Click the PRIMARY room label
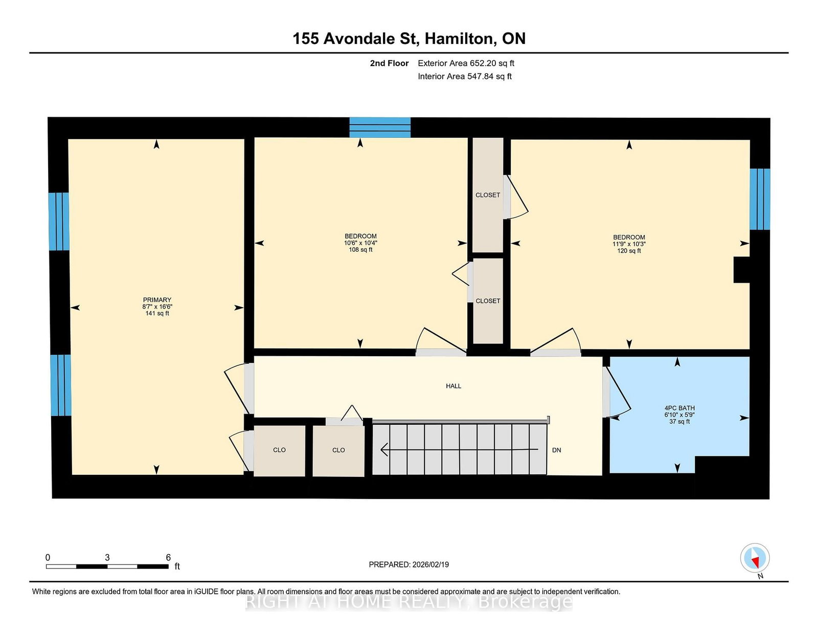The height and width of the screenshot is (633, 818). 157,300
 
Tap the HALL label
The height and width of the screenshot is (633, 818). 453,386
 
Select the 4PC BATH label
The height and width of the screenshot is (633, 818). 679,408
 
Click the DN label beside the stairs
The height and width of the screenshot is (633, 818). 556,450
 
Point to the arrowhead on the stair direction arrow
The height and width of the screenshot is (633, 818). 384,449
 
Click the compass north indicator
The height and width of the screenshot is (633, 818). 755,558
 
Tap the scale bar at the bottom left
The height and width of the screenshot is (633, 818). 107,566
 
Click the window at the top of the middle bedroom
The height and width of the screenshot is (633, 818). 380,127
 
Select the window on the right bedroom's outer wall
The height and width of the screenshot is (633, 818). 760,199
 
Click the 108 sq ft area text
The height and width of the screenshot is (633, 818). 360,249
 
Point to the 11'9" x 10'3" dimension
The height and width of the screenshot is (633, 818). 629,244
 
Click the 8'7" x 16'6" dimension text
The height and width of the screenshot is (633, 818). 157,307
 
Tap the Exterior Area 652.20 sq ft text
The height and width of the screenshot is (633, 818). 466,63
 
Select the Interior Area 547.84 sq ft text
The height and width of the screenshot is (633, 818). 465,76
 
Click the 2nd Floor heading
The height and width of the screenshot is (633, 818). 389,63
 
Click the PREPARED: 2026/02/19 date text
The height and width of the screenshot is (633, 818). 409,564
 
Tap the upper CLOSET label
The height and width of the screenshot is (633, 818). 488,195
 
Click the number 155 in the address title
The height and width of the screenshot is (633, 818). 306,38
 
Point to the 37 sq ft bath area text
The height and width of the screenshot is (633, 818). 679,421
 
